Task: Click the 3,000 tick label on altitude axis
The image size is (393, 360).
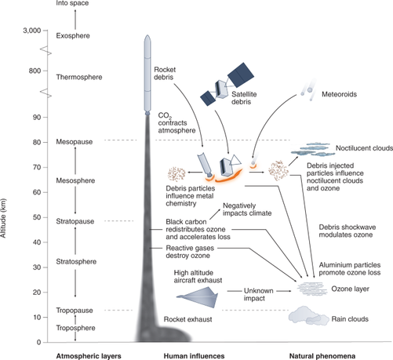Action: [32, 31]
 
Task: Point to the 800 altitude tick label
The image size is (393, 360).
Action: [35, 71]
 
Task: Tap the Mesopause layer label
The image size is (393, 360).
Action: [75, 142]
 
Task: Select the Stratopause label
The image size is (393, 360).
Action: [75, 221]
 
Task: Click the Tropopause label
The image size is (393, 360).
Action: [75, 311]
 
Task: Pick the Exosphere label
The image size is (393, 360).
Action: [73, 36]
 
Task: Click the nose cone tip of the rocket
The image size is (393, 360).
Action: [147, 35]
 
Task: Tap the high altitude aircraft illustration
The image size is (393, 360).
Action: [197, 297]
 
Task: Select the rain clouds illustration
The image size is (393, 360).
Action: [308, 316]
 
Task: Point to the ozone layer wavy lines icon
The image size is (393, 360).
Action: [312, 289]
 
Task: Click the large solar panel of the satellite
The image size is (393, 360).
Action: [241, 75]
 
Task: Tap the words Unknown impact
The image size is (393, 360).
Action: [255, 295]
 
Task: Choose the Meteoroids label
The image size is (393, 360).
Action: [339, 94]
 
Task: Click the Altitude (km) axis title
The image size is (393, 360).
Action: [3, 218]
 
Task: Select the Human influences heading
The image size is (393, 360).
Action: [194, 356]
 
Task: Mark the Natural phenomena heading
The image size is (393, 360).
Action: [322, 356]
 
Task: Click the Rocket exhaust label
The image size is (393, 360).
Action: [187, 319]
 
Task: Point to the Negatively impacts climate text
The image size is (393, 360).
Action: [247, 209]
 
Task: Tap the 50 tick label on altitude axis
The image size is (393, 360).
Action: [37, 217]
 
